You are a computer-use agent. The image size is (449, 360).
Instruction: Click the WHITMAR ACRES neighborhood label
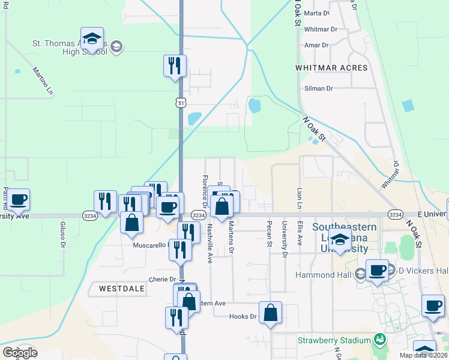(x=331, y=68)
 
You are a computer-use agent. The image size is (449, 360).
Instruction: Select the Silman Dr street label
(x=319, y=88)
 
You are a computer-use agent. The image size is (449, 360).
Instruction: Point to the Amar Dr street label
(x=316, y=45)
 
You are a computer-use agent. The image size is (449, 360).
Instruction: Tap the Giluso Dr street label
(x=62, y=234)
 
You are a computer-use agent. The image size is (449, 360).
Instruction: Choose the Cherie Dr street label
(x=163, y=280)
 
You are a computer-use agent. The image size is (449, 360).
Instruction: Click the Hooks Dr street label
(x=243, y=316)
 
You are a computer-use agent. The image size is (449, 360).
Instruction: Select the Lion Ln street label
(x=300, y=199)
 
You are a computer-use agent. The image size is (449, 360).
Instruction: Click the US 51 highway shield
(x=181, y=103)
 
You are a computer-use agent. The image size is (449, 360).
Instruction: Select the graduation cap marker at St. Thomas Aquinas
(x=92, y=39)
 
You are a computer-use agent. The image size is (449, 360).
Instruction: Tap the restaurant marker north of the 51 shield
(x=175, y=65)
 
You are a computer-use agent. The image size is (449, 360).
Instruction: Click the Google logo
(x=20, y=353)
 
